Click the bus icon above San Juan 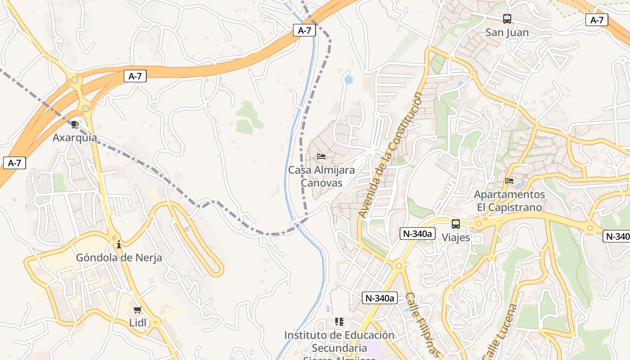tap(507, 19)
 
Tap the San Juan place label tap(507, 32)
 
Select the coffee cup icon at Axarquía tap(75, 124)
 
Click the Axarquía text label tap(75, 137)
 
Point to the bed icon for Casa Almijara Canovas tap(321, 157)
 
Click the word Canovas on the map tap(321, 183)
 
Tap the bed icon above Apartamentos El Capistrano tap(509, 181)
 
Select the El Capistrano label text tap(509, 207)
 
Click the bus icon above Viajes tap(456, 224)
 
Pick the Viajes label tap(456, 237)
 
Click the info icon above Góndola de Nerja tap(119, 244)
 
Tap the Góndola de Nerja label tap(119, 258)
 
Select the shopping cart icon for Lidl tap(138, 310)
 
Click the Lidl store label tap(138, 323)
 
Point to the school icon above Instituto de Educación tap(339, 322)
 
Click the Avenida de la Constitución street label tap(390, 155)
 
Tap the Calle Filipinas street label tap(422, 324)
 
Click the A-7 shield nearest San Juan tap(597, 20)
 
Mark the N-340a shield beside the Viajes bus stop tap(417, 234)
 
